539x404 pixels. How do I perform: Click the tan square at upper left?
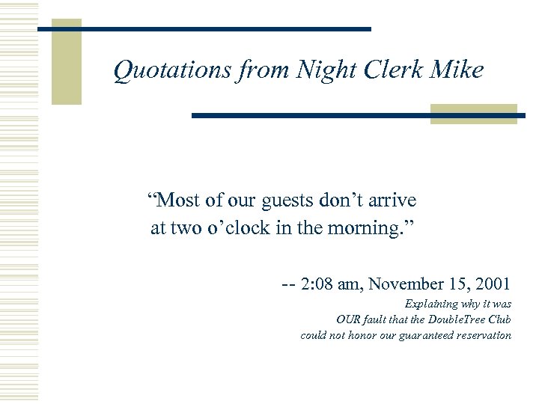point(66,62)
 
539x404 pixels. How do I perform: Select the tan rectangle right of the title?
point(473,114)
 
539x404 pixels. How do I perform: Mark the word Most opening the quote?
point(177,201)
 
